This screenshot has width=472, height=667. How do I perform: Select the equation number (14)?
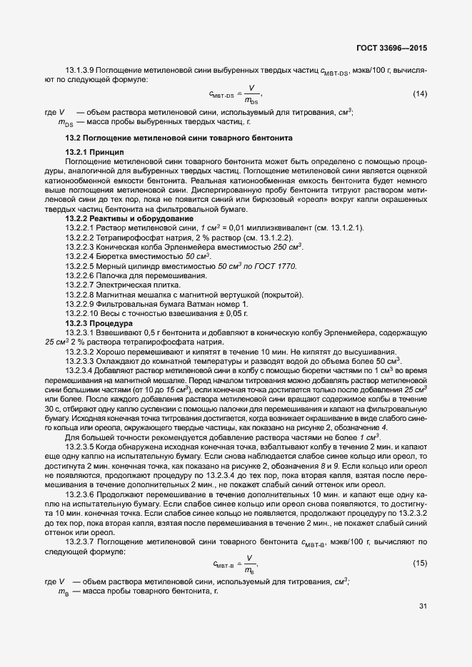click(x=420, y=94)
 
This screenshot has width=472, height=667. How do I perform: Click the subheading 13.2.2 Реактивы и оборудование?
click(x=129, y=218)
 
